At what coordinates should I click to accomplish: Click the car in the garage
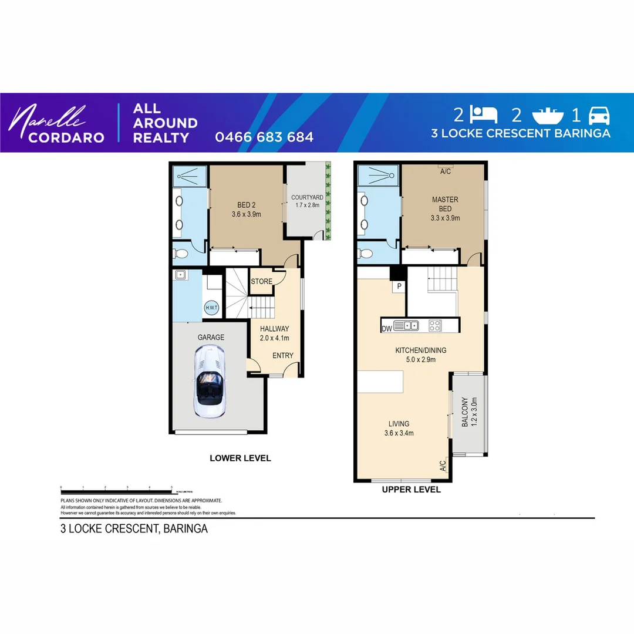click(210, 382)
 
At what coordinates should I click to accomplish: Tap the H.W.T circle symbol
click(211, 308)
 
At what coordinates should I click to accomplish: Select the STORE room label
click(262, 281)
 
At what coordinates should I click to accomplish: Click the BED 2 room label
click(246, 210)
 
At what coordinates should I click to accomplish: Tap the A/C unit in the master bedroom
click(445, 171)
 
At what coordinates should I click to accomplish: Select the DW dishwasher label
click(386, 328)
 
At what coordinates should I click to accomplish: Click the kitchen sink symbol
click(406, 325)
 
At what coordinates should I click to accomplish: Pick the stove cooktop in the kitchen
click(435, 325)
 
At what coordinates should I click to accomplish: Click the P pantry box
click(399, 286)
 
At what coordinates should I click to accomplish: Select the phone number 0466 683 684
click(264, 137)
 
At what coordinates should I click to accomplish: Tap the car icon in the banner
click(599, 115)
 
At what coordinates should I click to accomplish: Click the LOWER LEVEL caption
click(240, 458)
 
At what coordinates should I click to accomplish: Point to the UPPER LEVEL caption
click(411, 490)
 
